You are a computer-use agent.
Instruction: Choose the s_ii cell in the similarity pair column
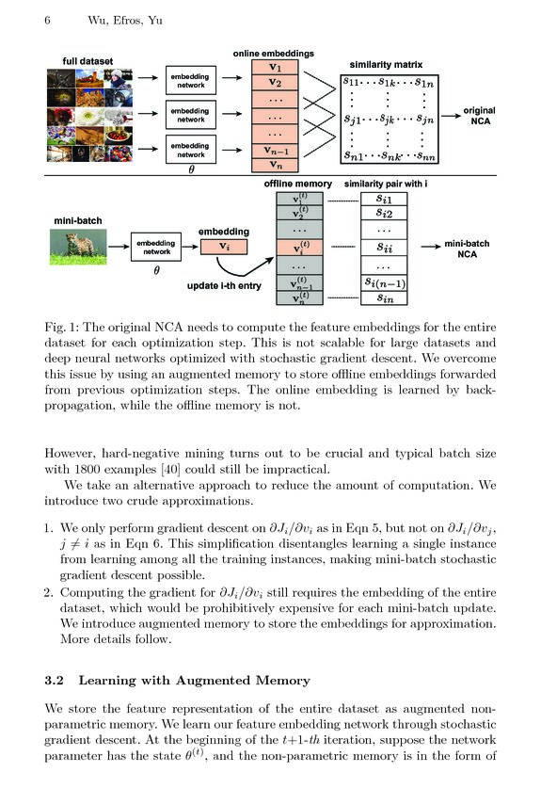pos(386,248)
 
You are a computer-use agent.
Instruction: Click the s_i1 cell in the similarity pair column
pos(386,199)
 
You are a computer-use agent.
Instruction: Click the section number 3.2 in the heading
pos(56,680)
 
